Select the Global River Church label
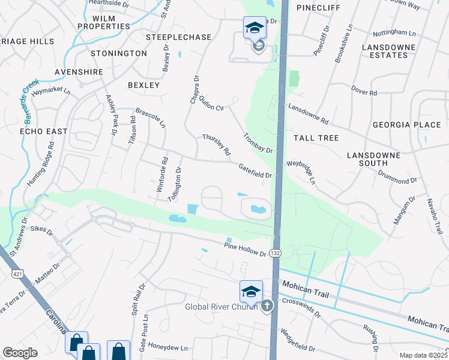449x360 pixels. pos(220,307)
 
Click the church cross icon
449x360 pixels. pos(267,306)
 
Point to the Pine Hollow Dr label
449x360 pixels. pos(245,250)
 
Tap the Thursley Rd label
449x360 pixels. pos(216,145)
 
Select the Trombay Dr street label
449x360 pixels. pos(258,142)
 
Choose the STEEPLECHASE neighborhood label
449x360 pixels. pos(178,37)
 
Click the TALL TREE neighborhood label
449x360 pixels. pos(316,138)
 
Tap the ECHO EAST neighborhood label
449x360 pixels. pos(43,131)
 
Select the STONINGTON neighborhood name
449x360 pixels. pos(119,53)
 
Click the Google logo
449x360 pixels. pos(20,353)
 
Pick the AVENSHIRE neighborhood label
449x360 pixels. pos(78,72)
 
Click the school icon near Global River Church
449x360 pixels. pos(251,292)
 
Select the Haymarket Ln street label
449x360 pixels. pos(51,92)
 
